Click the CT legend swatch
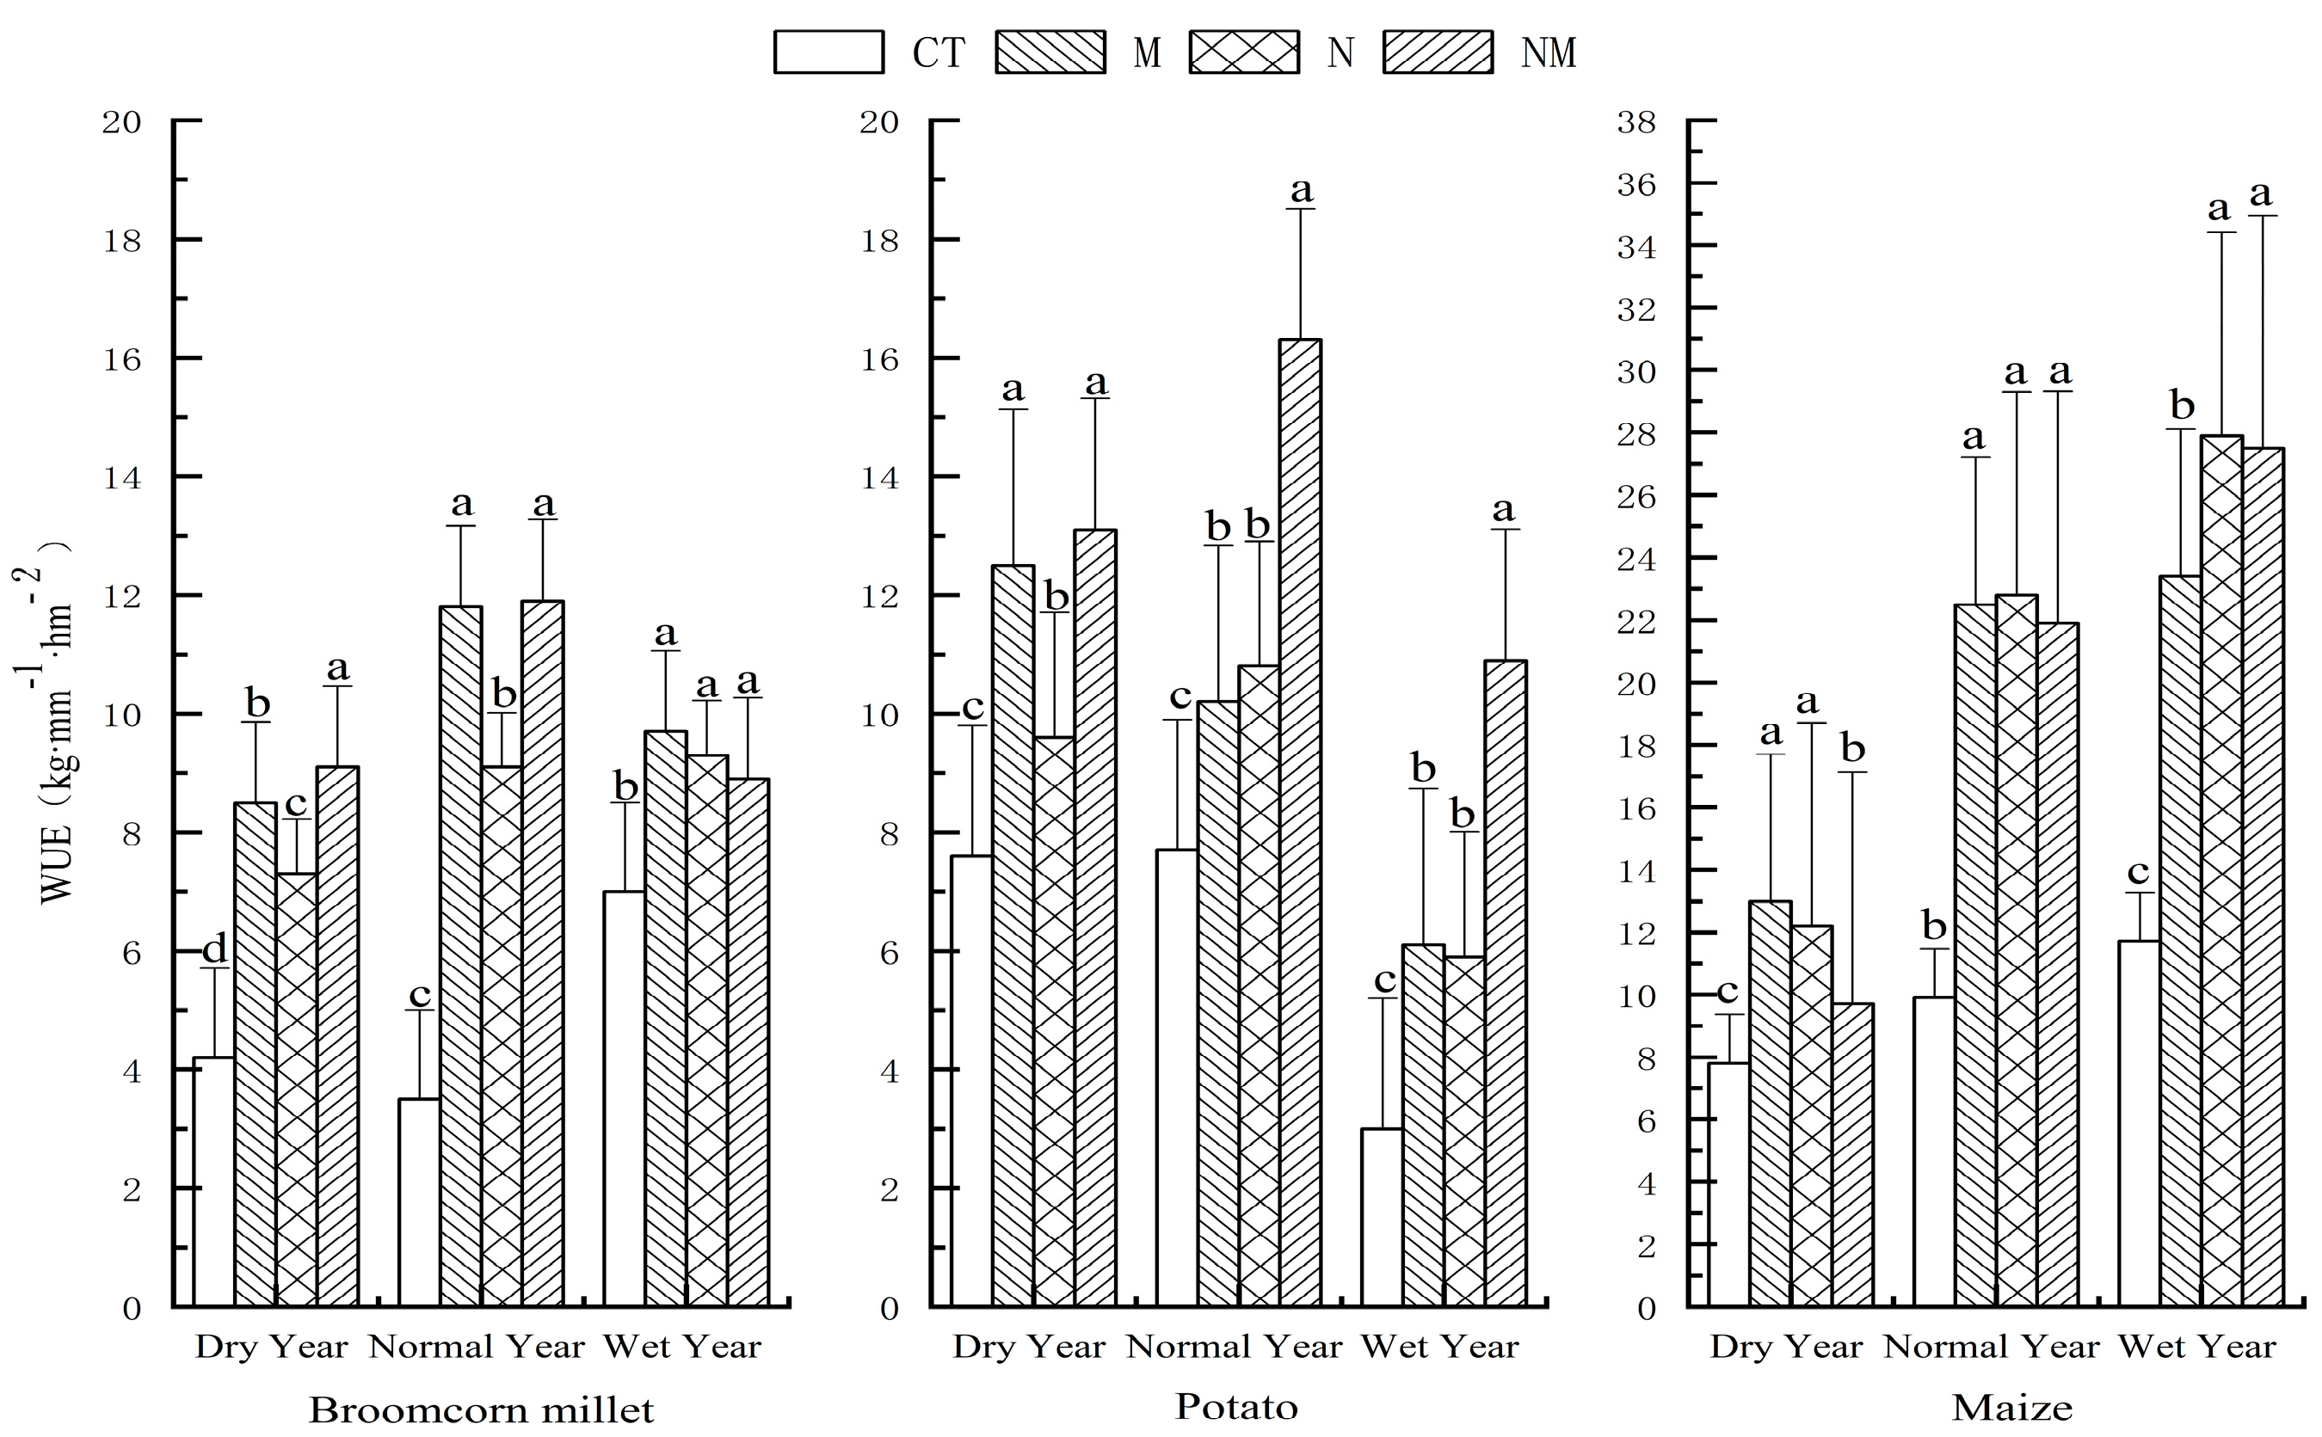[x=828, y=52]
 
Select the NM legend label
[x=1548, y=53]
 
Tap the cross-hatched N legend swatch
[x=1244, y=52]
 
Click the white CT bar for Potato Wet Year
[x=1382, y=1218]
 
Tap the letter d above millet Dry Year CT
[x=215, y=949]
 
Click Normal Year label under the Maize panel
[x=1991, y=1347]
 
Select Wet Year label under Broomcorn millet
[x=681, y=1347]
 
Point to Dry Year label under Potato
[x=1029, y=1347]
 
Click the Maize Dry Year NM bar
[x=1852, y=1155]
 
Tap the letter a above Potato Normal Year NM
[x=1301, y=190]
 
